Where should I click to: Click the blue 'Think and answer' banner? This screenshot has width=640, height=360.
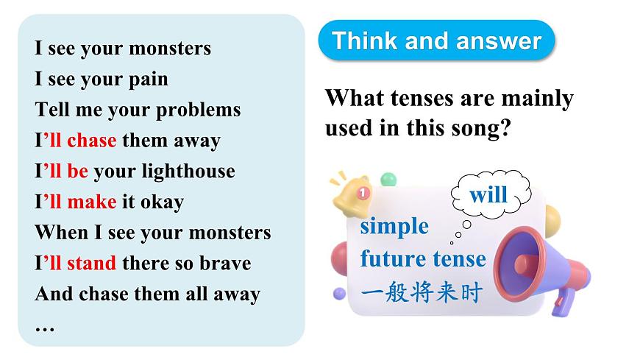tap(436, 40)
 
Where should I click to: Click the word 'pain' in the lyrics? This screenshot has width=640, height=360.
tap(148, 79)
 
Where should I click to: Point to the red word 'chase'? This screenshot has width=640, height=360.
tap(91, 140)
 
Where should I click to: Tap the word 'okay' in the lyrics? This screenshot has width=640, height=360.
tap(160, 202)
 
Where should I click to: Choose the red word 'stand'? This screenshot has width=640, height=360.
tap(91, 263)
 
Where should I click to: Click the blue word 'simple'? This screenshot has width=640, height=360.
tap(394, 225)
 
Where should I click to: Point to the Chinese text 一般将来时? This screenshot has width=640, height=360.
tap(422, 293)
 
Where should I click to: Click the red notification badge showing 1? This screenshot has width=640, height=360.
tap(362, 193)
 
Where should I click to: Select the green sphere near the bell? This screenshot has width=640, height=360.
tap(388, 179)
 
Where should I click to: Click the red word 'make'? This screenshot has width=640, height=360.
tap(91, 202)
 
